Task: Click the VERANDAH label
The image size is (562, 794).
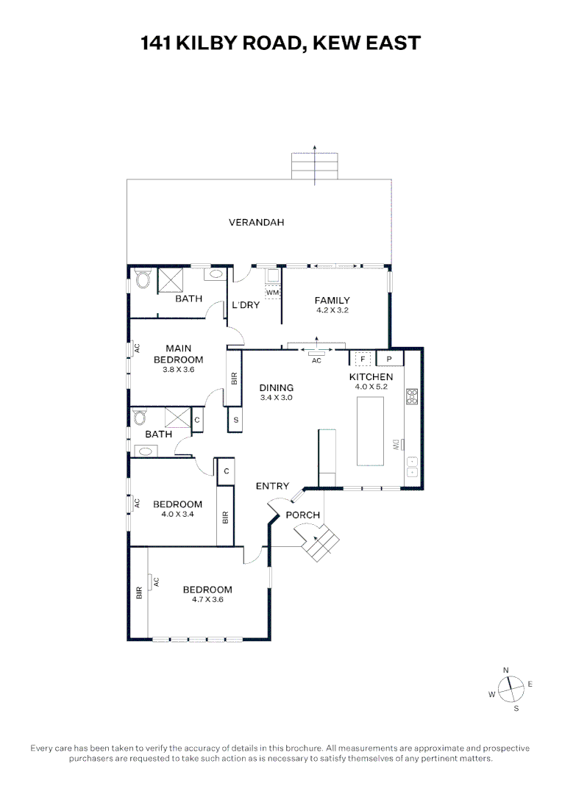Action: pos(256,222)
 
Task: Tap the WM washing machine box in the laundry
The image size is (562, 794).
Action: pos(273,293)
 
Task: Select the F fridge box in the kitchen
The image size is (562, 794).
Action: pos(362,359)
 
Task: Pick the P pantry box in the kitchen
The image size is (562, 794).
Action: pos(390,359)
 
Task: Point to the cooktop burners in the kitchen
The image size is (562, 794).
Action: pos(412,397)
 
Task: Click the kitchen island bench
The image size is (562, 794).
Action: pos(371,430)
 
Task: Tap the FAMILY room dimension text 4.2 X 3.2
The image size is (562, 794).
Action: pos(332,310)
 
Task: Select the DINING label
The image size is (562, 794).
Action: pos(277,387)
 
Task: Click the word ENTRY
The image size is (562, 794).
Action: pos(272,486)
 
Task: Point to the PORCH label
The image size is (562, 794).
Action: pos(303,515)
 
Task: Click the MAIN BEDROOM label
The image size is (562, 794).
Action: pos(178,354)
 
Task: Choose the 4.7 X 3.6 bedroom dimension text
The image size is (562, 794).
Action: pos(207,600)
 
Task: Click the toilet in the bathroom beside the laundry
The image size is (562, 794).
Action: pos(143,280)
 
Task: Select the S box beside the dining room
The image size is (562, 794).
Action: pos(235,420)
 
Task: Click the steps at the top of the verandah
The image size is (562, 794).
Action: pos(315,165)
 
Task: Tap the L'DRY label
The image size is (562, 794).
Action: pos(245,305)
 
